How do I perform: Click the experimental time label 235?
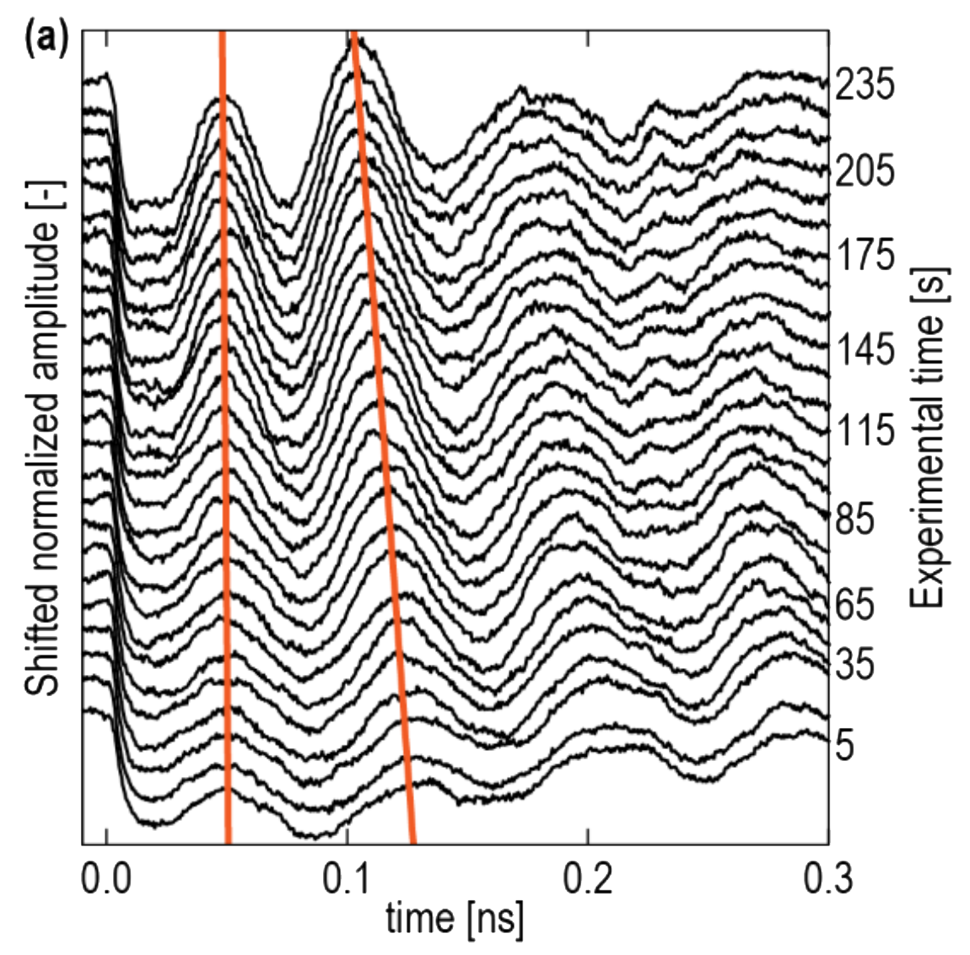pos(865,86)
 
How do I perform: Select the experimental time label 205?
pos(865,172)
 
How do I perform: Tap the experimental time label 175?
pos(865,256)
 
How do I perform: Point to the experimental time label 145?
pos(865,349)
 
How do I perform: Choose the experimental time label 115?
pos(865,432)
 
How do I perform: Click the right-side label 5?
pos(844,745)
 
